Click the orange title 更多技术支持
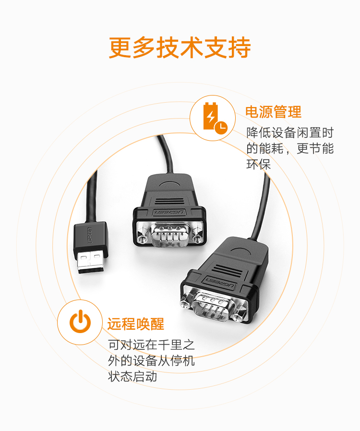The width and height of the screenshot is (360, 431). coord(180,48)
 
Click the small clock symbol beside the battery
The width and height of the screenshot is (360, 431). coord(221,127)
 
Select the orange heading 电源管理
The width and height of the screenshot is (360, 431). coord(273,112)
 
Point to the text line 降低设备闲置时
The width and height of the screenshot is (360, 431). coord(289,133)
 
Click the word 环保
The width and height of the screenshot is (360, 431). coord(258,164)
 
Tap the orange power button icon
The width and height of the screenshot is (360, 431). coord(80,321)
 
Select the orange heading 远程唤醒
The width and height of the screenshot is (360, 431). coord(135,324)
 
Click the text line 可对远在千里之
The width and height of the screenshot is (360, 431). coord(151,345)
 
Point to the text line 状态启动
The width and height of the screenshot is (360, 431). coord(132,376)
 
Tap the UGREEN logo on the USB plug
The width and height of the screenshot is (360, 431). coord(90,235)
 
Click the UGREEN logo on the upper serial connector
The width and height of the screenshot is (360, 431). coord(169,213)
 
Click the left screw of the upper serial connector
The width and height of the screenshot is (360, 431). coord(142,239)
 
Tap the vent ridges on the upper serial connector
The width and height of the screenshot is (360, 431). coord(169,202)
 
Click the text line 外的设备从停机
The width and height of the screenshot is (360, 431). coord(151,360)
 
